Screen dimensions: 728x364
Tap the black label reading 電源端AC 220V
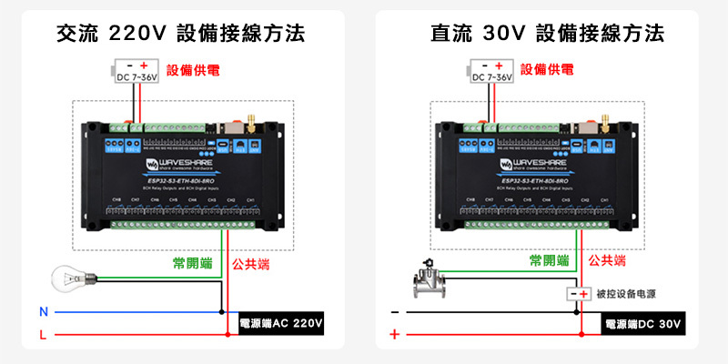281,323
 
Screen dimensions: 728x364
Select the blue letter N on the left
43,312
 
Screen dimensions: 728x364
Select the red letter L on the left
43,336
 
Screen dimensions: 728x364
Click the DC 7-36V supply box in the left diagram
136,72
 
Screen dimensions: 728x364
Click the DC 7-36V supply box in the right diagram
491,72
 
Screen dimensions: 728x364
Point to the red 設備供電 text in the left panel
192,69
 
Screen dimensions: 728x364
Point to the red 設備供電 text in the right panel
547,69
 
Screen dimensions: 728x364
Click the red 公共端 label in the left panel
250,264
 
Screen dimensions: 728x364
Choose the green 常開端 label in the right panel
550,261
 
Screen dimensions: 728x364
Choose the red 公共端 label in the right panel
607,261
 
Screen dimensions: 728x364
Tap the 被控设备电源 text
626,295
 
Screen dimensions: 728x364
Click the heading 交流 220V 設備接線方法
180,34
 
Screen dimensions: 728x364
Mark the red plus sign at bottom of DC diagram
394,336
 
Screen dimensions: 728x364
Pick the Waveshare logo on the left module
173,165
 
